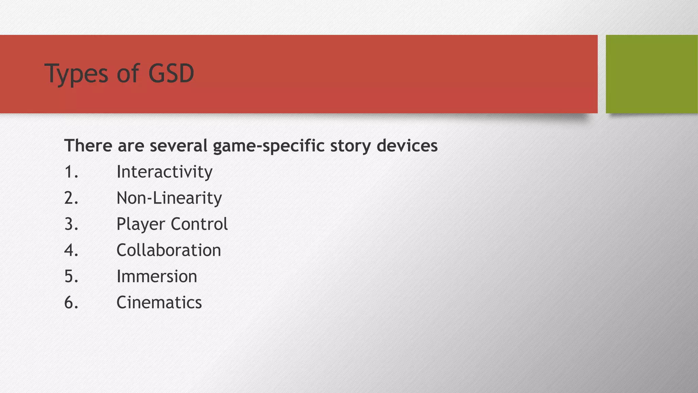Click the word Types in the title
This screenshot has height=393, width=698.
[x=76, y=73]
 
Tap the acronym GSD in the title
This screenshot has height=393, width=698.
[x=171, y=73]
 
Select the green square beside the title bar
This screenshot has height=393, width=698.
[x=652, y=74]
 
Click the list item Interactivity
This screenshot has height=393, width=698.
[x=164, y=172]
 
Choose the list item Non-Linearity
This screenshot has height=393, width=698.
[x=169, y=198]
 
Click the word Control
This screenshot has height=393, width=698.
[x=199, y=224]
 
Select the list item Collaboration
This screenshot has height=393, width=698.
[x=169, y=250]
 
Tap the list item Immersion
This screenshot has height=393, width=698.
[x=157, y=276]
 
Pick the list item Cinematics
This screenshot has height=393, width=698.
[x=159, y=303]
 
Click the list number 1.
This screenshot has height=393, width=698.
[x=71, y=172]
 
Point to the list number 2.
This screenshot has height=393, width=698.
[x=71, y=198]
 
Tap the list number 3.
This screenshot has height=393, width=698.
[x=71, y=224]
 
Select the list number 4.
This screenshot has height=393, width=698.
[x=71, y=250]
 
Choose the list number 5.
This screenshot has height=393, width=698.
[x=71, y=276]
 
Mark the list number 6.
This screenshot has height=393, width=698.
[x=71, y=303]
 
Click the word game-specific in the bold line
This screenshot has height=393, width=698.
[x=269, y=146]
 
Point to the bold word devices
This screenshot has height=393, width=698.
[x=407, y=146]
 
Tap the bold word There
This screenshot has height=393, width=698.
[x=88, y=146]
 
